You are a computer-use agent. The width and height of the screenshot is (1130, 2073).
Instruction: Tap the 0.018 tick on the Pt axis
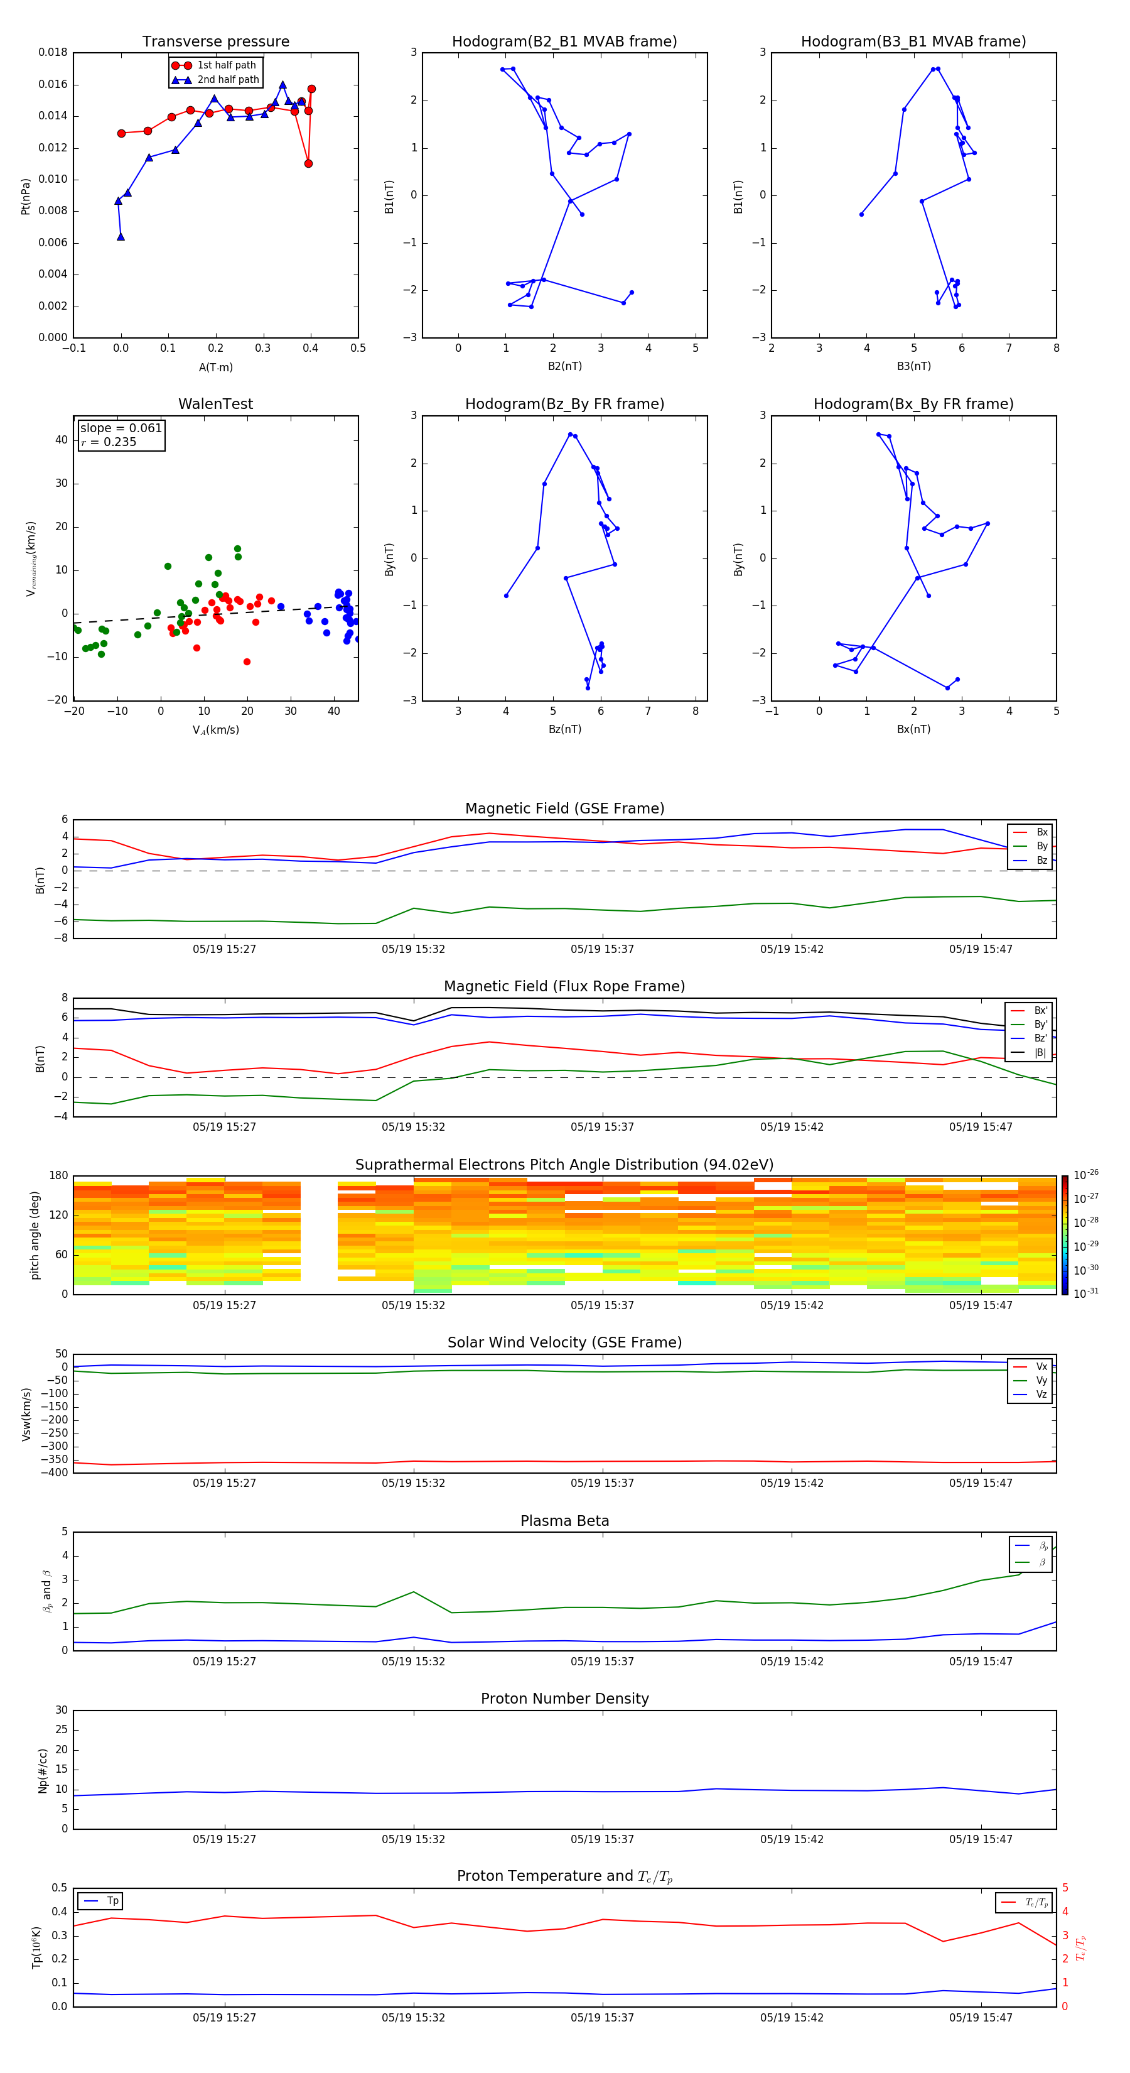pos(53,52)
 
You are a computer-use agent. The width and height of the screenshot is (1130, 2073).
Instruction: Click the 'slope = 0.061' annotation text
pos(121,428)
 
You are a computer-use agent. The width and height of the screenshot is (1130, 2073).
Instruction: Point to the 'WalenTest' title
pos(215,404)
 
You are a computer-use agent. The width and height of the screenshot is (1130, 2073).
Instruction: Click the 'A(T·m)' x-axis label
pos(215,367)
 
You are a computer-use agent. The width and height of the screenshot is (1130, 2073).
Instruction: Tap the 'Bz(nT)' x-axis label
pos(564,729)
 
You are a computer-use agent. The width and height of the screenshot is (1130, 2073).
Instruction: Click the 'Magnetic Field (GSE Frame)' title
pos(564,808)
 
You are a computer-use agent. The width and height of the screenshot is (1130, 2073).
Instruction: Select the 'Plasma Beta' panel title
pos(564,1521)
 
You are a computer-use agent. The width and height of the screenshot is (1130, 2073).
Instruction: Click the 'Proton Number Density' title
pos(564,1699)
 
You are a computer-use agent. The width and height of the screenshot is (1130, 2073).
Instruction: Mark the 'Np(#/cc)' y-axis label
pos(43,1770)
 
